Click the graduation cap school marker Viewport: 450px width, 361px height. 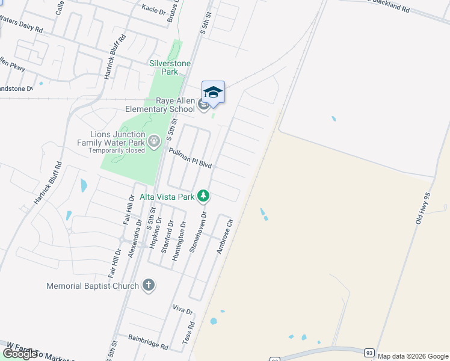click(x=213, y=93)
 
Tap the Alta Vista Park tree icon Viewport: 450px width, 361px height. click(x=204, y=196)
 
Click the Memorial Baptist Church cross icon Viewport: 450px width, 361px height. click(x=149, y=285)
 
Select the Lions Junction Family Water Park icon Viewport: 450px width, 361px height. click(x=155, y=141)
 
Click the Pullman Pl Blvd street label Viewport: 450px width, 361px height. click(x=191, y=158)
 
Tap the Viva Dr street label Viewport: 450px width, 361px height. click(x=182, y=311)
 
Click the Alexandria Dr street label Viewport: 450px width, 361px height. click(x=135, y=238)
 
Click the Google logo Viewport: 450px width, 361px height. click(x=20, y=353)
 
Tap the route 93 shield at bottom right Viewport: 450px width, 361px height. click(x=369, y=351)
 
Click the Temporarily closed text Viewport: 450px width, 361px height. click(x=117, y=150)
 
